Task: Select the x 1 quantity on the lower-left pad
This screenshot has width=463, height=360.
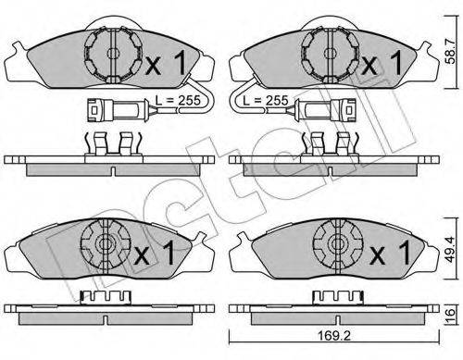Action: (156, 250)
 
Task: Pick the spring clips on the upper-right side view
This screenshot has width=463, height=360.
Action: (328, 143)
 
